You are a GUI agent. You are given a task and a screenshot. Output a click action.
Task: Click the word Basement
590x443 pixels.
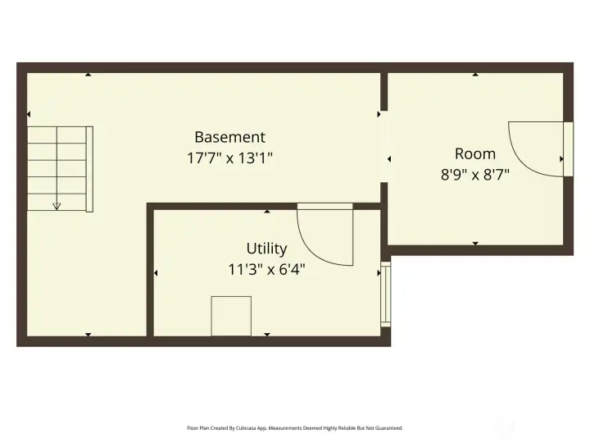tap(229, 138)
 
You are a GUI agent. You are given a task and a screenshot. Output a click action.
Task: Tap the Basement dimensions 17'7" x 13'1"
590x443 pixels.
tap(229, 158)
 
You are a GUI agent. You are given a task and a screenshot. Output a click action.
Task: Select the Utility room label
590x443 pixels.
tap(266, 249)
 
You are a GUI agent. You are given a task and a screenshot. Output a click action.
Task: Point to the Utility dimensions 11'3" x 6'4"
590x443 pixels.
tap(266, 268)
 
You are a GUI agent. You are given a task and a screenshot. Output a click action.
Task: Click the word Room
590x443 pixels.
tap(475, 153)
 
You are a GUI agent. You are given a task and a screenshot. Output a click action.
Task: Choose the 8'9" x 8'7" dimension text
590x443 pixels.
tap(475, 174)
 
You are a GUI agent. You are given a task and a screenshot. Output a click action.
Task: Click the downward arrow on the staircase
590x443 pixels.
tap(57, 206)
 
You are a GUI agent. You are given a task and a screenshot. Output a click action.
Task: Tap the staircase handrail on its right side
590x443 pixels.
tap(89, 168)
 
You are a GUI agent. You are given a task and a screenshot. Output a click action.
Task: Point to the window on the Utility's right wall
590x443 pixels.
tap(387, 295)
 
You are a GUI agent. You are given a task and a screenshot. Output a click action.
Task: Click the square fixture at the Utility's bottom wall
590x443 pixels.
tap(231, 316)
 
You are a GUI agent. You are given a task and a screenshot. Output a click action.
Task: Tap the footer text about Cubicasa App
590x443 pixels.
tap(295, 427)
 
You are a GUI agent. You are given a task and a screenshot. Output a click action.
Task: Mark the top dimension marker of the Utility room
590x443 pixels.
tap(267, 212)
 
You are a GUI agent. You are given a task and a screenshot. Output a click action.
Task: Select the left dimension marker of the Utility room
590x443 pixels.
tap(156, 272)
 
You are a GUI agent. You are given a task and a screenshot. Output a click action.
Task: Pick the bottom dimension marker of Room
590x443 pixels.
tap(475, 243)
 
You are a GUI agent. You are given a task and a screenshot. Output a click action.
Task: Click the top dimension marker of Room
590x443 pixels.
tap(475, 75)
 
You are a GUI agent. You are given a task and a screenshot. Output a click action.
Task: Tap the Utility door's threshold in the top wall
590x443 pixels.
tap(324, 206)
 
